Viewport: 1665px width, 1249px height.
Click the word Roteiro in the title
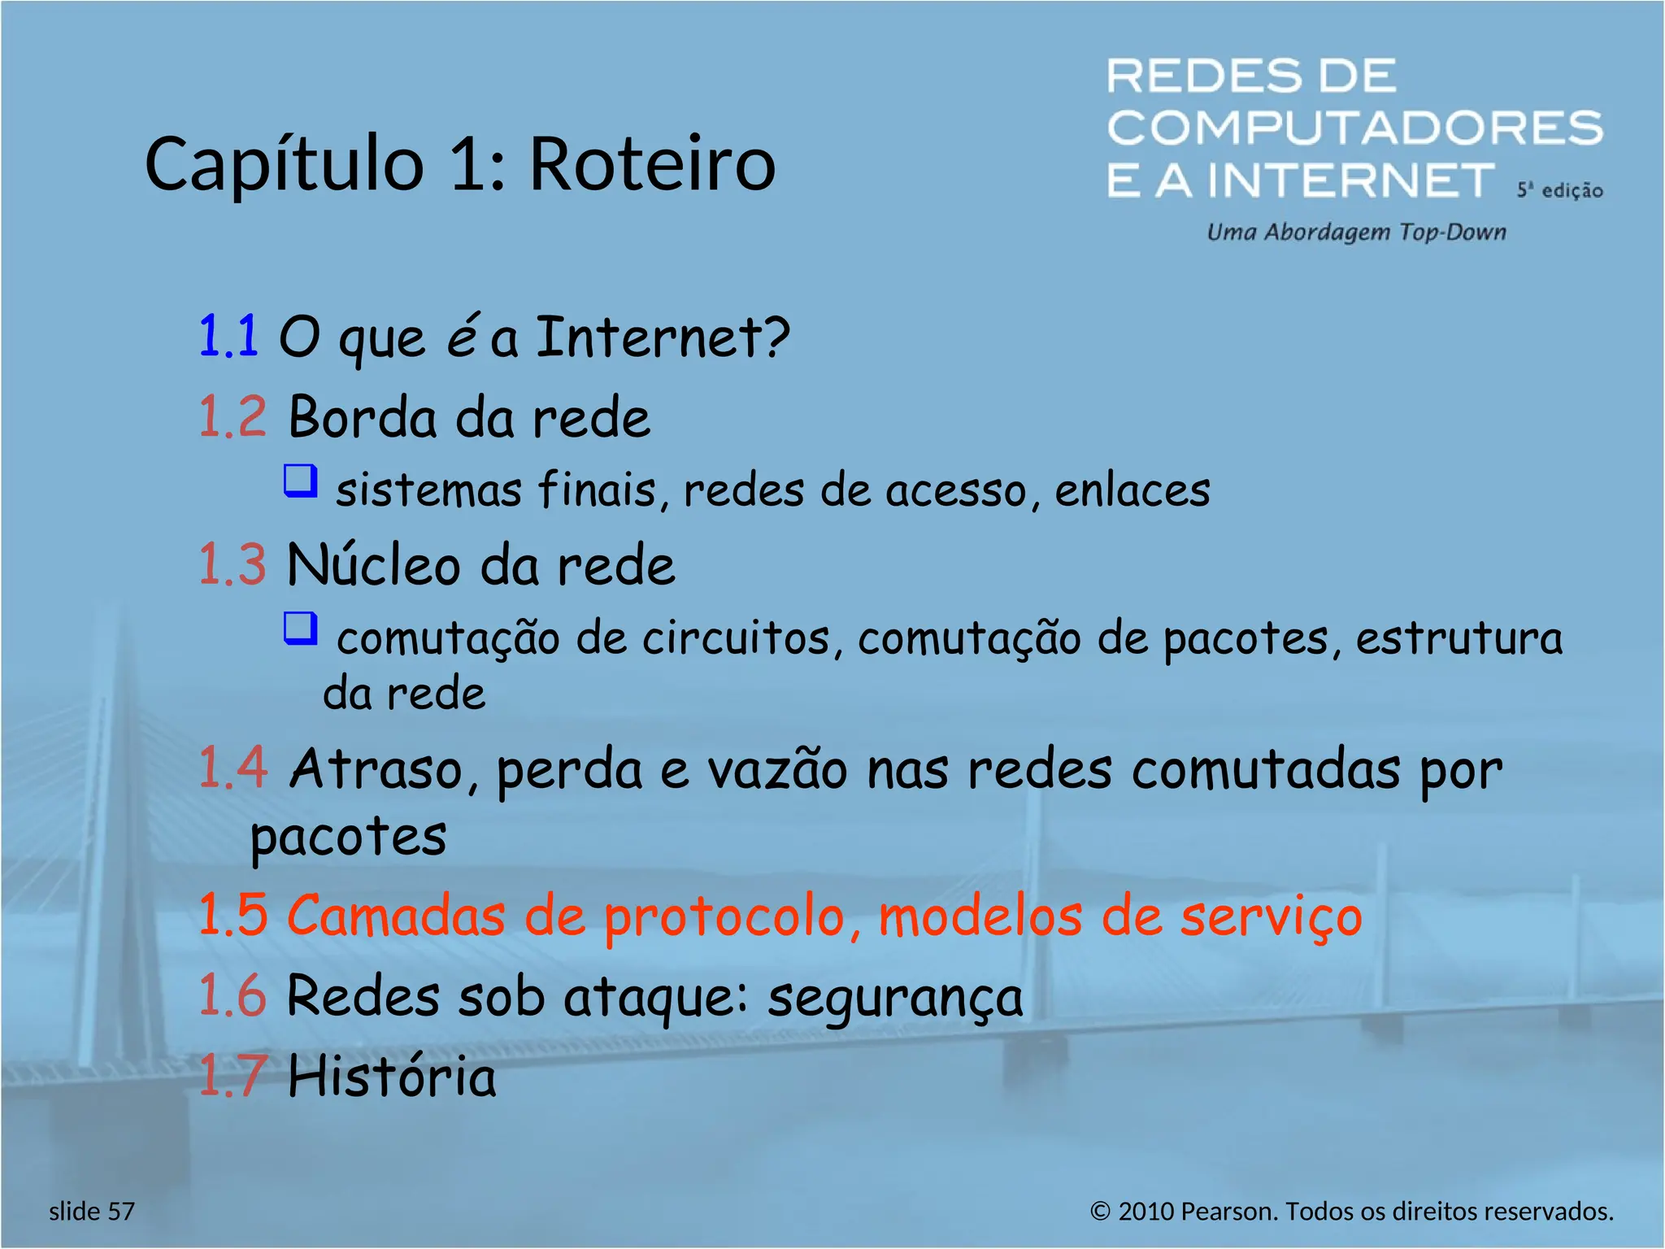tap(653, 164)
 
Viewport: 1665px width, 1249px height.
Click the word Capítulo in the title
tap(285, 164)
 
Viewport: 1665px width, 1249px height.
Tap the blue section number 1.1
tap(228, 336)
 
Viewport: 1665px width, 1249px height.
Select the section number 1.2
tap(233, 417)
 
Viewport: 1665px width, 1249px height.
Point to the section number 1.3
tap(233, 564)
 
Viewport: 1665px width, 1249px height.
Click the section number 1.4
tap(233, 768)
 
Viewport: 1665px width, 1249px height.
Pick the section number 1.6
tap(233, 995)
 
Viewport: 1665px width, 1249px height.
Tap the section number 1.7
tap(233, 1076)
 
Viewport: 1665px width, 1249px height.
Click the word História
tap(392, 1076)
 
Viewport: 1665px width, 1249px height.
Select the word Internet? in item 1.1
tap(663, 337)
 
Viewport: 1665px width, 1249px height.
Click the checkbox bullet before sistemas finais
tap(300, 481)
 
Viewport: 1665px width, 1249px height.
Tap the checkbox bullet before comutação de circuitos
tap(300, 629)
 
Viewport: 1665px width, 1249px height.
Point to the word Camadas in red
tap(396, 916)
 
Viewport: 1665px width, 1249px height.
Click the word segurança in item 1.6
tap(895, 998)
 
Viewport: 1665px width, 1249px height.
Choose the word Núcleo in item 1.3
tap(374, 564)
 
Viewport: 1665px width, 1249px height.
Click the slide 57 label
tap(92, 1212)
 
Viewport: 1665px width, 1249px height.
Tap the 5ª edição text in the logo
tap(1559, 190)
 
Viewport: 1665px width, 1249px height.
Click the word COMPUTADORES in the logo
tap(1354, 128)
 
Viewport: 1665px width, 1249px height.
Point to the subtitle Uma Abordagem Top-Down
tap(1356, 233)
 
